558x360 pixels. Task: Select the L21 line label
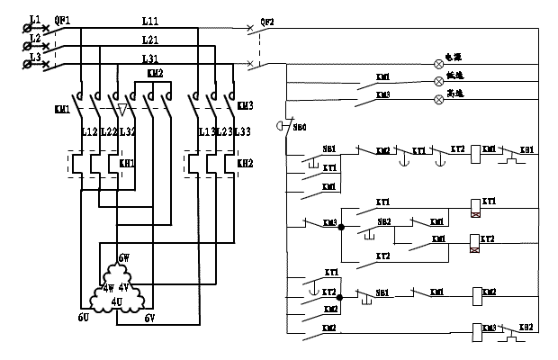pos(149,40)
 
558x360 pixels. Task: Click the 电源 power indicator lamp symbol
pos(440,63)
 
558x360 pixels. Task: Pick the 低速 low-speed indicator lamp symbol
pos(440,81)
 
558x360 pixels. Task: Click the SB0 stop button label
pos(298,127)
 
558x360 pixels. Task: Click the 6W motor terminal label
pos(123,257)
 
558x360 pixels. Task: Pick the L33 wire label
pos(242,132)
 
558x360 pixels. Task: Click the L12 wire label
pos(89,132)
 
